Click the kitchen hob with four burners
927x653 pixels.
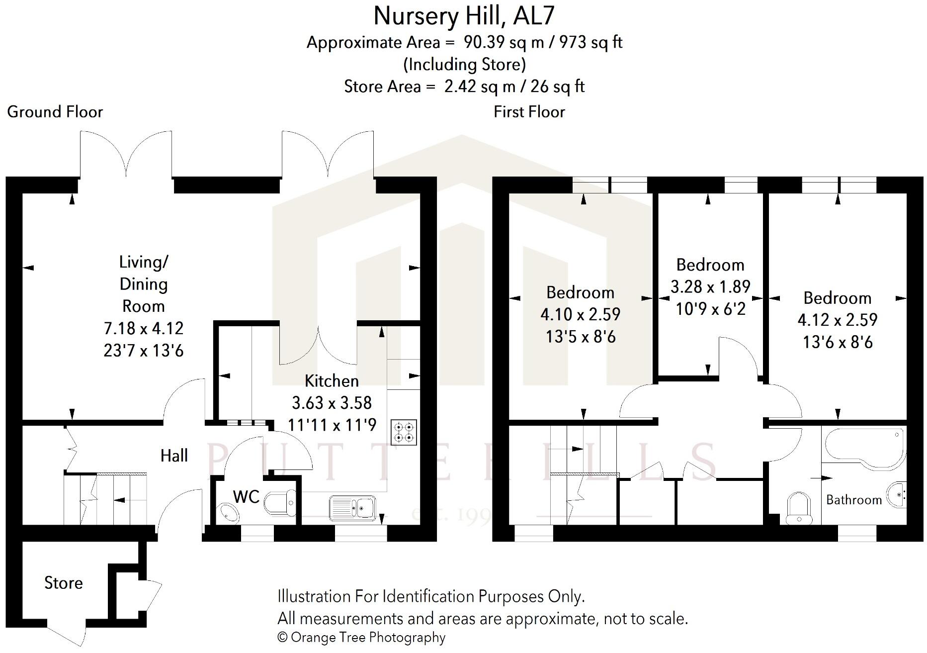point(404,432)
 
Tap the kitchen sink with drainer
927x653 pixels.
point(352,507)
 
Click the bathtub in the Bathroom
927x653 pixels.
point(864,449)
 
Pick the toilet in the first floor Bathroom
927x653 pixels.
point(799,507)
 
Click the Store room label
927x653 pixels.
point(63,583)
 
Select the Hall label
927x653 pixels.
point(174,456)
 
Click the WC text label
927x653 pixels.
point(246,496)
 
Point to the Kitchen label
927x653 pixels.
point(332,381)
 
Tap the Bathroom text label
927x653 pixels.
point(853,500)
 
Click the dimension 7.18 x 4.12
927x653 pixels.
point(144,328)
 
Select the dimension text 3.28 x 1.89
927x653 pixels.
point(710,287)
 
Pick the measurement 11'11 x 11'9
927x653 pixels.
point(332,425)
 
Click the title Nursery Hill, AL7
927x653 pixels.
point(463,16)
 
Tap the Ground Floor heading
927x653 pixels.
point(55,112)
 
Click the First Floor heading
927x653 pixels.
point(529,112)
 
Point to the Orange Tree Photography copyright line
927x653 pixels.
point(361,637)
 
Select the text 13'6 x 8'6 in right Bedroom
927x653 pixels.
point(838,342)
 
